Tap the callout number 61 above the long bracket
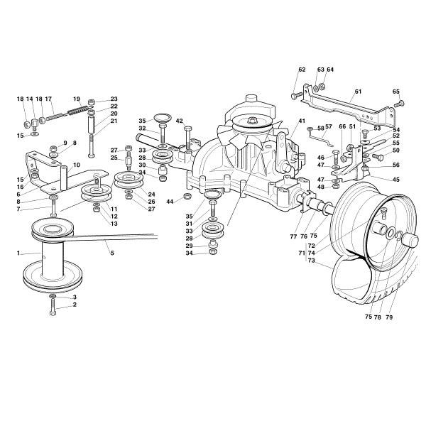pos(358,92)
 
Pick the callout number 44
pos(170,202)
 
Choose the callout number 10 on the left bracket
pos(76,165)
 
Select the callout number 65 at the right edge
pos(395,92)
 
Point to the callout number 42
pos(180,121)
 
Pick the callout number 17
pos(49,99)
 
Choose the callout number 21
pos(114,121)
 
